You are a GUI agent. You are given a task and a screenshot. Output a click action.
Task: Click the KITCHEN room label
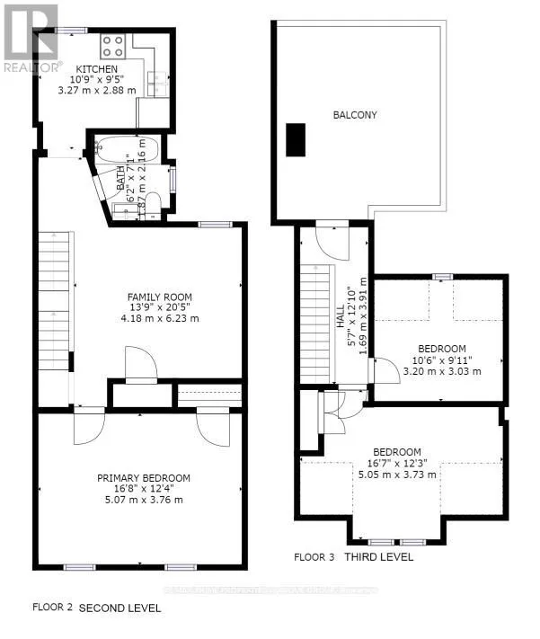tap(96, 69)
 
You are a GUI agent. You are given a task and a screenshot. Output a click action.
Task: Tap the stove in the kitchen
tap(112, 45)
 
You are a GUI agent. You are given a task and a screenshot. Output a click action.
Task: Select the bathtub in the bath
tap(127, 149)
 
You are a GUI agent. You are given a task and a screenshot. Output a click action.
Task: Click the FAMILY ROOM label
tap(159, 297)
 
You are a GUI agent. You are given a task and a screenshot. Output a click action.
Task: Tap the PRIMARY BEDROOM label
tap(144, 478)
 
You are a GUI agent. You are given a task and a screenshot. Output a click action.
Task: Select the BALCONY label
tap(355, 115)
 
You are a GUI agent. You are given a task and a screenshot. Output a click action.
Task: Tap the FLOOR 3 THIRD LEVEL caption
tap(353, 557)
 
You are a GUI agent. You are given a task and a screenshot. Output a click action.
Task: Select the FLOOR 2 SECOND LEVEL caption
tap(97, 608)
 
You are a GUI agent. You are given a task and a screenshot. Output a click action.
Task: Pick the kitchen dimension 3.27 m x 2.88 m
tap(96, 91)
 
